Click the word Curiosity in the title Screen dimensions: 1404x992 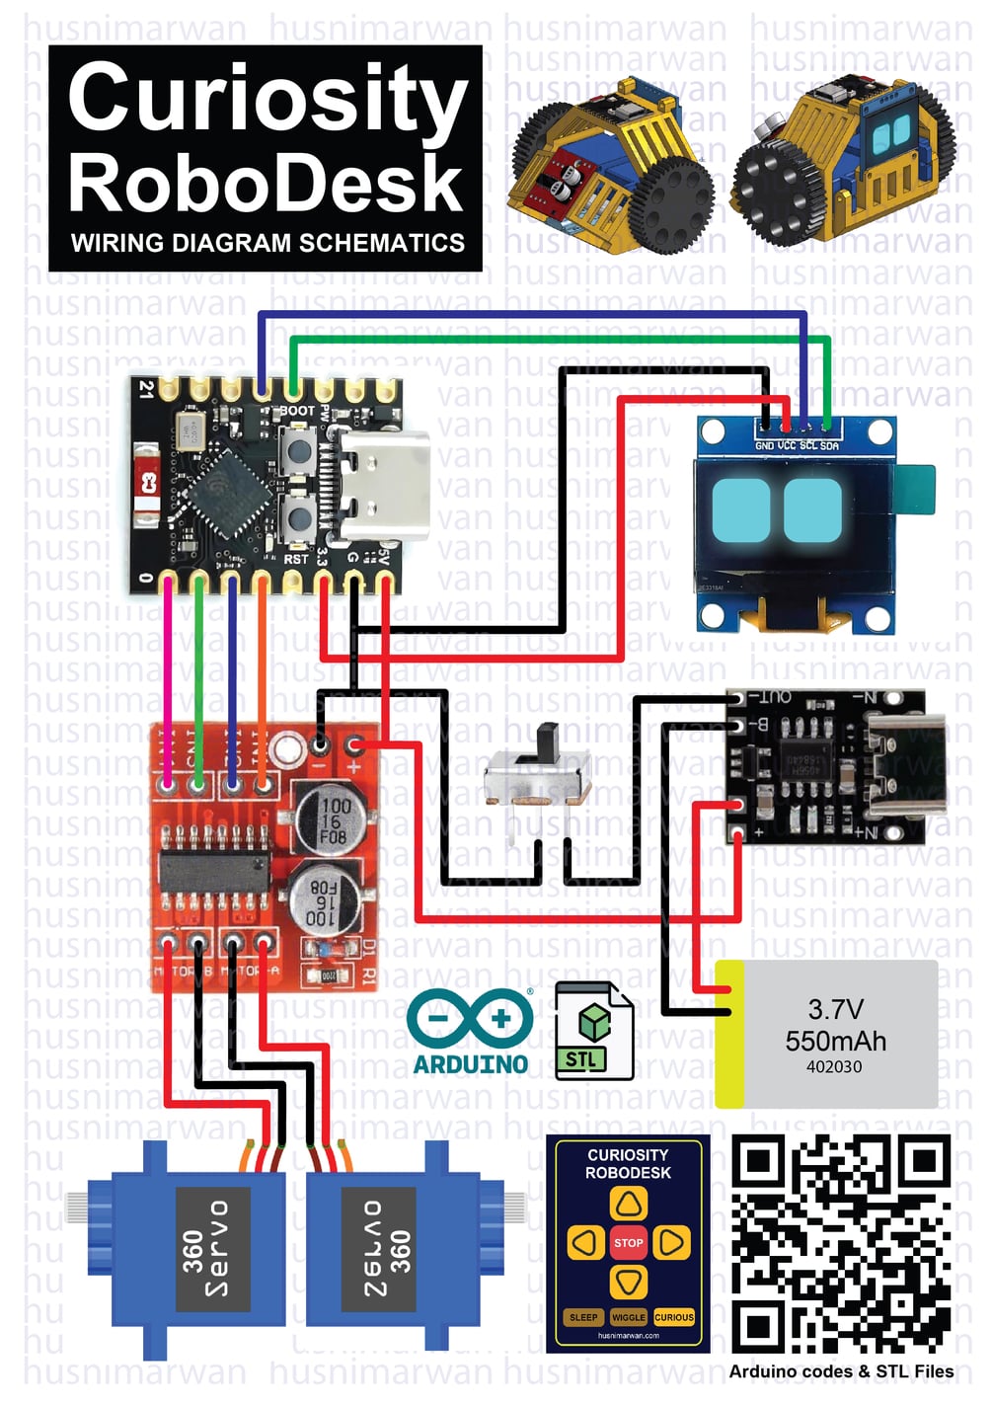coord(267,99)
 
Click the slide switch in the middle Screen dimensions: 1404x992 coord(539,770)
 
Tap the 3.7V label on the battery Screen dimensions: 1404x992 coord(835,1009)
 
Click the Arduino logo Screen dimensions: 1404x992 coord(471,1032)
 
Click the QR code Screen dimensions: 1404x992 coord(841,1244)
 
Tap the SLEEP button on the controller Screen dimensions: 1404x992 coord(583,1317)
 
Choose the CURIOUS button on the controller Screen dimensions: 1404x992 coord(674,1317)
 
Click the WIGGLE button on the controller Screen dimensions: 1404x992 coord(628,1317)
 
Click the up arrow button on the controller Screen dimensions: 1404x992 coord(628,1204)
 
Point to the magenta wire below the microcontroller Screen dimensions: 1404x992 coord(169,671)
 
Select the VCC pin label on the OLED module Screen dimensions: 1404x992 coord(787,446)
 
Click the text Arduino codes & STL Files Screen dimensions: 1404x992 coord(841,1371)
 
